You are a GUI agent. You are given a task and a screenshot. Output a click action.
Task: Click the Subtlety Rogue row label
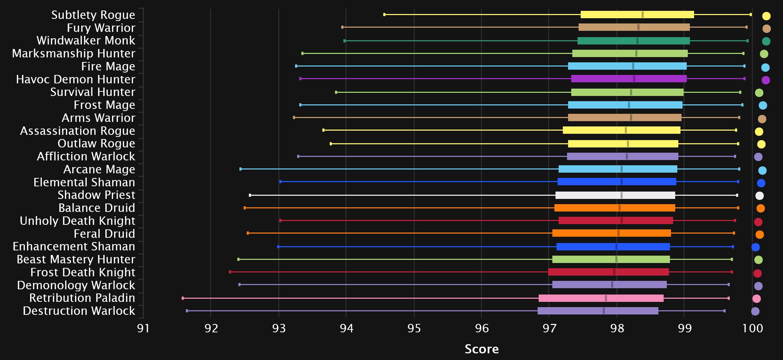coord(93,15)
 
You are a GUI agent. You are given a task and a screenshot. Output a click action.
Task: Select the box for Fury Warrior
coord(634,27)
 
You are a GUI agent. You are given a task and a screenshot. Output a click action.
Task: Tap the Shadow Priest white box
coord(615,195)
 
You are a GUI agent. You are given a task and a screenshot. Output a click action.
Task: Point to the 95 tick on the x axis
coord(414,328)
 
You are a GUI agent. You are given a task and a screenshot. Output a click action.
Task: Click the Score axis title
coord(481,349)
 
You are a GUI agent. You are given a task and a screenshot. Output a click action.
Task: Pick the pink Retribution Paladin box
coord(601,298)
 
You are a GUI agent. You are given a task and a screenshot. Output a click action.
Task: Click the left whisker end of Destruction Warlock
coord(187,311)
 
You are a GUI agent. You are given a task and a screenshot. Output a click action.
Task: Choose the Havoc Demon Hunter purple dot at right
coord(765,80)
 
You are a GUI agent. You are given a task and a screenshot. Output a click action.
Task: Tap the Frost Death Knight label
coord(83,272)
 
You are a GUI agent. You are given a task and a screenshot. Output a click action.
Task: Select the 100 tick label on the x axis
coord(752,328)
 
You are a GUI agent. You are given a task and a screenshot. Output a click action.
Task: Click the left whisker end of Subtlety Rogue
coord(384,14)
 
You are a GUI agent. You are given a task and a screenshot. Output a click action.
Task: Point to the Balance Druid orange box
coord(614,208)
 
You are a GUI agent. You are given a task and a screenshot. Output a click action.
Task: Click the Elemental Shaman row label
coord(84,182)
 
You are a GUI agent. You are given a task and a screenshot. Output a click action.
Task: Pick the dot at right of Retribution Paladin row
coord(756,299)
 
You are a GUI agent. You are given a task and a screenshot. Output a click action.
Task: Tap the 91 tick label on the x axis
coord(143,328)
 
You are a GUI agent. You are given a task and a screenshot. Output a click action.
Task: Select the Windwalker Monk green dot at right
coord(766,41)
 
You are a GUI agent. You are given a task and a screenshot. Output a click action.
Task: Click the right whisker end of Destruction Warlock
coord(724,311)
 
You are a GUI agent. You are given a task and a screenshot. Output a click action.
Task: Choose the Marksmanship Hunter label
coord(74,54)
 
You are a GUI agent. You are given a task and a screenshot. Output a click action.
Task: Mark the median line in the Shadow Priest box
coord(621,195)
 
